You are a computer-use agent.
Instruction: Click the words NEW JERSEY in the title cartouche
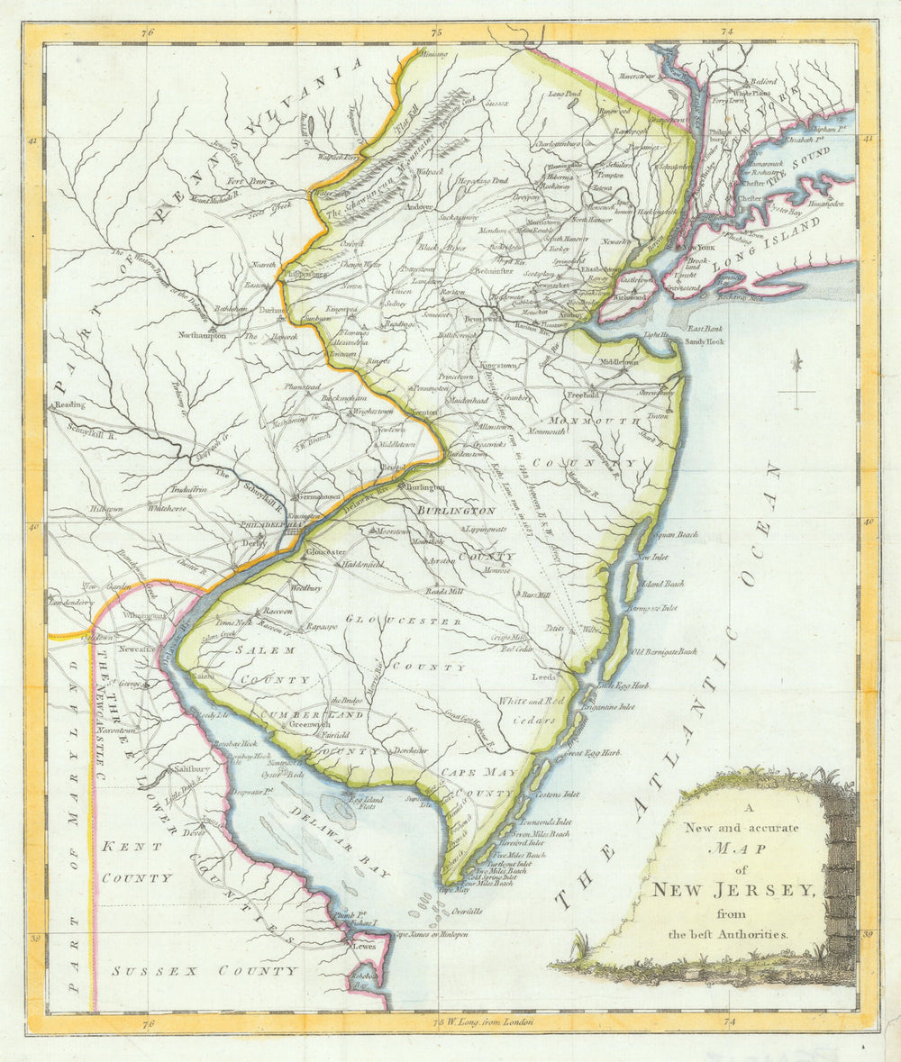734,891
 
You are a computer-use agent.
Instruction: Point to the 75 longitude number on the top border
438,32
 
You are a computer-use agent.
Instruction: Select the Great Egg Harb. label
593,752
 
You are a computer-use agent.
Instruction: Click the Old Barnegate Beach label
664,651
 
